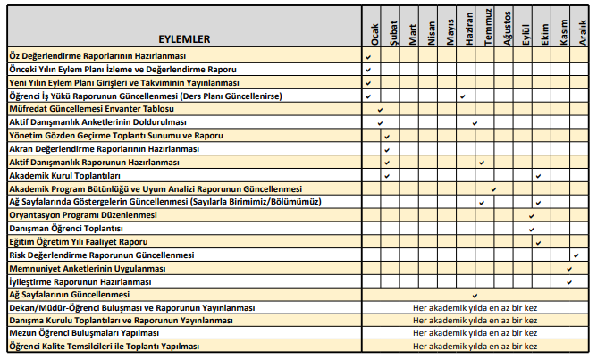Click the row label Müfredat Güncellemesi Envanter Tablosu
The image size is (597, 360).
91,109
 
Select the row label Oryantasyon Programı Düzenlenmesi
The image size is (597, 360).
82,215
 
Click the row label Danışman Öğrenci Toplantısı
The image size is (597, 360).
71,229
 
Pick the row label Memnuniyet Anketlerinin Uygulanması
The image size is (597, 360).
87,268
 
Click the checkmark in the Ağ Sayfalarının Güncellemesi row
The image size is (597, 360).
475,295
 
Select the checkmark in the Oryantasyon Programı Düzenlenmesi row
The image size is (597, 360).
532,215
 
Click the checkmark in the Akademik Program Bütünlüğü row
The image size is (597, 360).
493,188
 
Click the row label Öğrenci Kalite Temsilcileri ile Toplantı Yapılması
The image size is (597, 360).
104,347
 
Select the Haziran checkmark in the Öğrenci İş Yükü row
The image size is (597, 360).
462,96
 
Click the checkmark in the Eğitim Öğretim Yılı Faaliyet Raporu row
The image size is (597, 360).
538,242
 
